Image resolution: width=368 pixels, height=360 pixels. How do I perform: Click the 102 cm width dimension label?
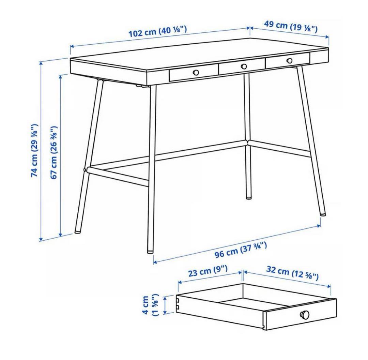157,32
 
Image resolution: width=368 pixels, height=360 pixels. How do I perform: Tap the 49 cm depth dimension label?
291,26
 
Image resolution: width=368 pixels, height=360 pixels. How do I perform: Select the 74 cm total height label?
35,150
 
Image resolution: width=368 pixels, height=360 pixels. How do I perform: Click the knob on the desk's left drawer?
196,72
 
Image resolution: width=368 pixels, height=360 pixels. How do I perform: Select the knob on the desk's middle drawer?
244,66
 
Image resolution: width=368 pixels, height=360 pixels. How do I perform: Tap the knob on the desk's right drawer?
290,61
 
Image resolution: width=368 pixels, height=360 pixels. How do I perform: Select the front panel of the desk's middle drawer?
242,68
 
